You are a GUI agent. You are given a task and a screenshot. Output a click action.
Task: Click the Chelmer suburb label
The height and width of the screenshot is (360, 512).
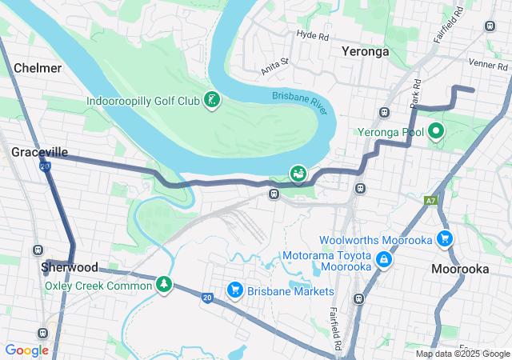pos(38,68)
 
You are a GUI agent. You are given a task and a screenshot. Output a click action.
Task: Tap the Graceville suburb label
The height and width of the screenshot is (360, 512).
pos(39,151)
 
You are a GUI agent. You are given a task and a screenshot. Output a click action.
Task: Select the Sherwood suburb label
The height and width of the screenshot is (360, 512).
pos(70,267)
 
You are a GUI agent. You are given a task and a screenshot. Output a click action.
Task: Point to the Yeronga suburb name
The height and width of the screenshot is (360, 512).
pos(365,51)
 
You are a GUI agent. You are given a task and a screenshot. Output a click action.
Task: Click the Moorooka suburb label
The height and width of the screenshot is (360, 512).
pos(460,269)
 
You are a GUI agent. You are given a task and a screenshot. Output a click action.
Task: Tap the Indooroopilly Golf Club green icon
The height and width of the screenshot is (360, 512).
pos(212,101)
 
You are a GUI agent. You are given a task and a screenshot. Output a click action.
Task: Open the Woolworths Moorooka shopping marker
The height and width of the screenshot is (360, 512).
pos(445,239)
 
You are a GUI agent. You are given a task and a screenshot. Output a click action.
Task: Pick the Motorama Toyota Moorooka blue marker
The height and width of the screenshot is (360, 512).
pos(384,260)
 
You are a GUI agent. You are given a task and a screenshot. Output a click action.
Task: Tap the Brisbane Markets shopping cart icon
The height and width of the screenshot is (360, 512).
pos(234,290)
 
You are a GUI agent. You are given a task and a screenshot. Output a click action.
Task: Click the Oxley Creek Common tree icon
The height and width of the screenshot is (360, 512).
pos(164,285)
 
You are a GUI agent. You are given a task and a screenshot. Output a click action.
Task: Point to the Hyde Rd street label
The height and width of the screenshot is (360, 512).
pos(312,35)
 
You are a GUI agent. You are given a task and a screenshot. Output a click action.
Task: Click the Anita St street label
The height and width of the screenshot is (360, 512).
pos(274,64)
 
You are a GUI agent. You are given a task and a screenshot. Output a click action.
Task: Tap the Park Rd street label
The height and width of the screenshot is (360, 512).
pos(415,94)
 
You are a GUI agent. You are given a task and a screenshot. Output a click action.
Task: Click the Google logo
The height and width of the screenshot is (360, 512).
pos(26,350)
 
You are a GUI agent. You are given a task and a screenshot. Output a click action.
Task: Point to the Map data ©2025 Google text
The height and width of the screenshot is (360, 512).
pos(462,354)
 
